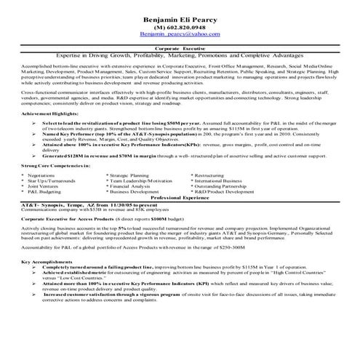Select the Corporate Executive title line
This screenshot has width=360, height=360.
(x=180, y=47)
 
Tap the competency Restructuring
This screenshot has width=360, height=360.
(x=212, y=175)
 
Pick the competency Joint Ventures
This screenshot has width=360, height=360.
(x=43, y=185)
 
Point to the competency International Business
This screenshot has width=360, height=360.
(x=222, y=180)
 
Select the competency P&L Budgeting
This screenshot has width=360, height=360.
(x=43, y=191)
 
